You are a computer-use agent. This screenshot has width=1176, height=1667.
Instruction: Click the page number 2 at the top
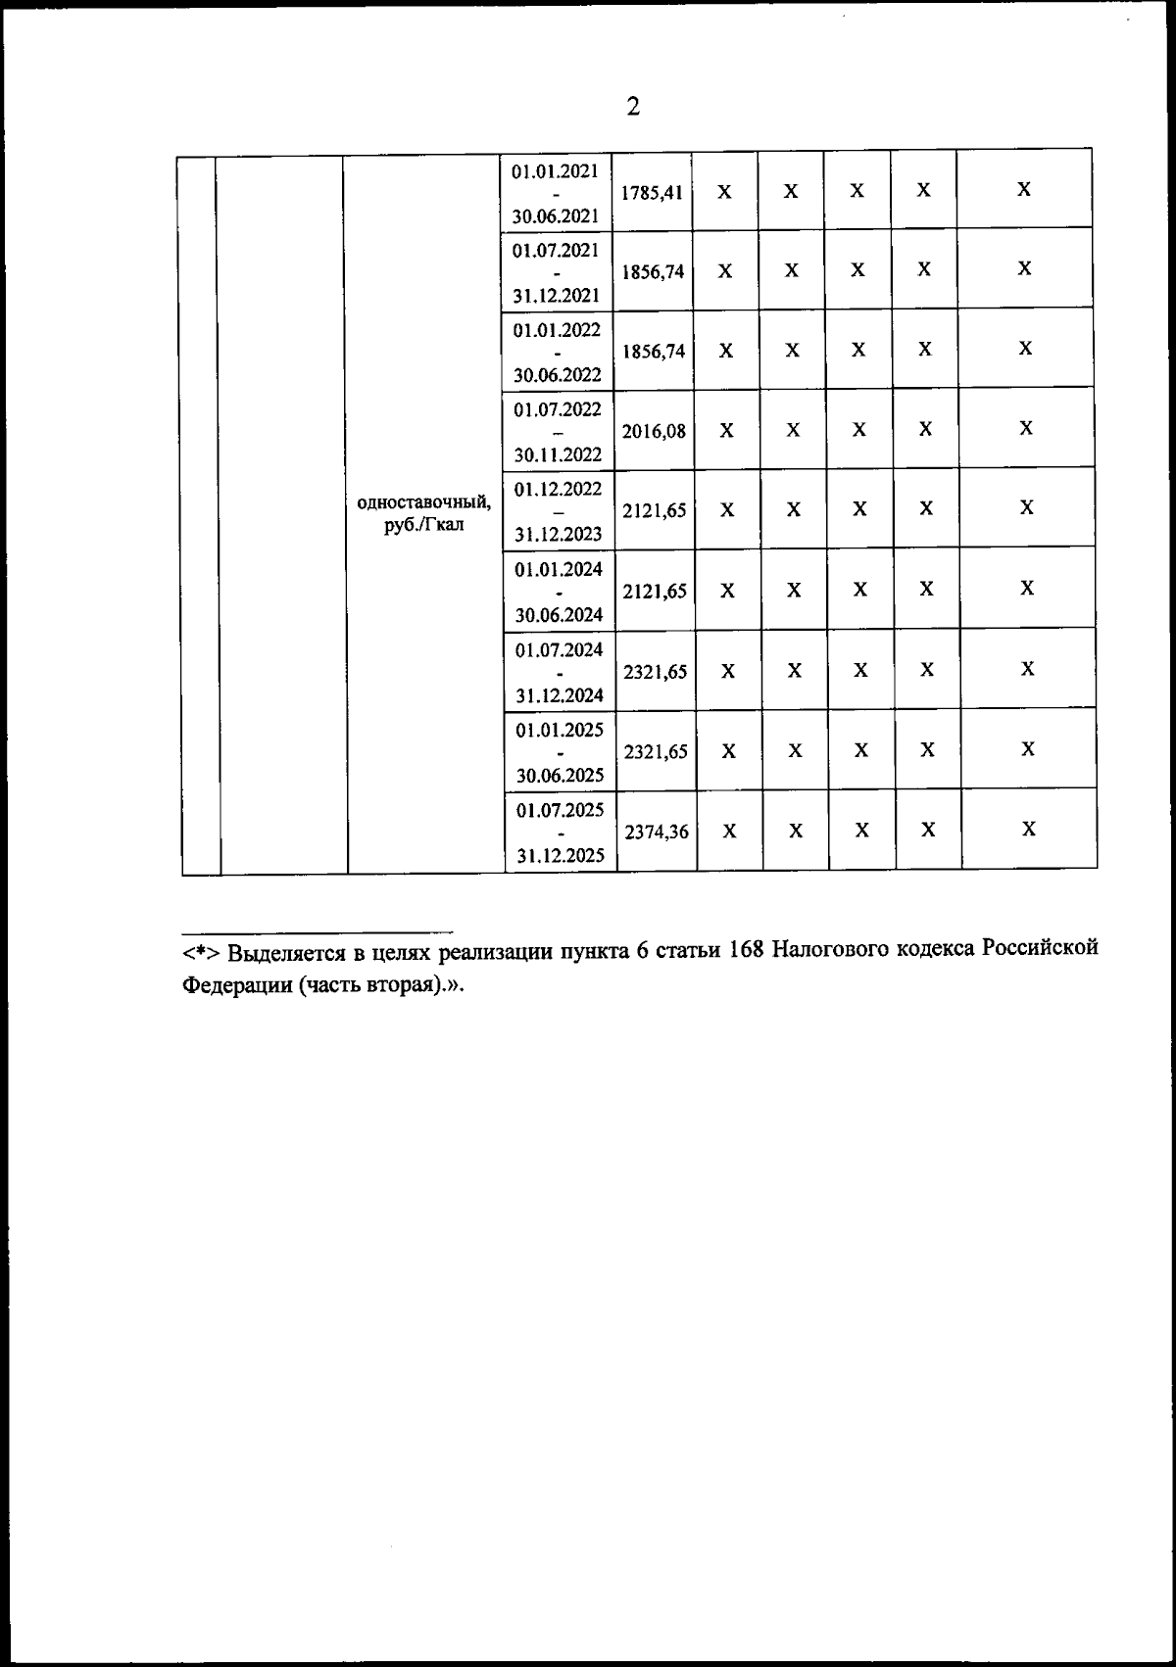[632, 107]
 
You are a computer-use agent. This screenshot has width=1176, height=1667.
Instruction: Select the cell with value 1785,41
[652, 193]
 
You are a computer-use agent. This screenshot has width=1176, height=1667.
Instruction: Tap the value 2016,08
[654, 431]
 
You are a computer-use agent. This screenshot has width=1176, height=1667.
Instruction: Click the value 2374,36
[656, 833]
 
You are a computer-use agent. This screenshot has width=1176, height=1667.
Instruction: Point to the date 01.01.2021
[555, 170]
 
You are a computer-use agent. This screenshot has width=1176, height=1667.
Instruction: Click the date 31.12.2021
[556, 295]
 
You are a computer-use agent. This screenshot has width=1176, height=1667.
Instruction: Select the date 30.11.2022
[557, 454]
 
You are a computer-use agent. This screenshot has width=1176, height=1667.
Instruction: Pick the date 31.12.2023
[558, 535]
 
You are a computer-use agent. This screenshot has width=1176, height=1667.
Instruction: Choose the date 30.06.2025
[560, 776]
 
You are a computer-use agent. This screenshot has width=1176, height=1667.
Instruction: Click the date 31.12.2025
[561, 856]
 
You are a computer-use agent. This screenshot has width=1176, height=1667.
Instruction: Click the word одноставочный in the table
[424, 503]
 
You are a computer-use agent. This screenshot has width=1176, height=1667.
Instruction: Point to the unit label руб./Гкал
[424, 525]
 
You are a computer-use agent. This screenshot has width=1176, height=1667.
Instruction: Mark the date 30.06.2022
[557, 374]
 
